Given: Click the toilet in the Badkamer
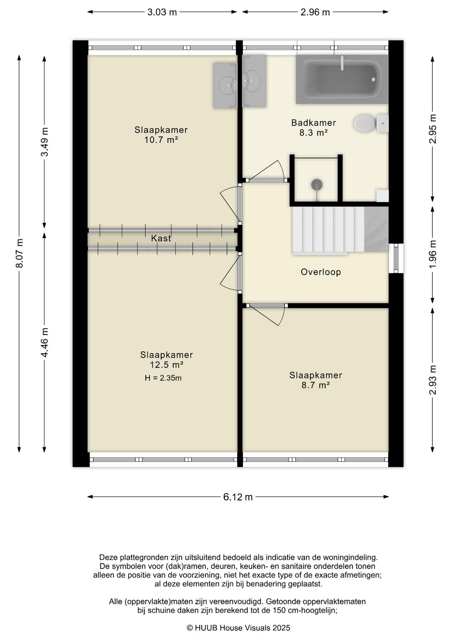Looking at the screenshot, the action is point(371,124).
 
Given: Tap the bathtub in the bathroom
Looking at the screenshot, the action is point(342,79).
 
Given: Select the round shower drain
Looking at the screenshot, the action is point(316,184).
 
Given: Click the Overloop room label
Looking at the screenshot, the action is point(321,272).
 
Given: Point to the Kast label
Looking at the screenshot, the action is point(161,238).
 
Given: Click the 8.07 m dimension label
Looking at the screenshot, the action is point(20,253).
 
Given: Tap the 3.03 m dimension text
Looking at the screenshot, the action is point(162,12).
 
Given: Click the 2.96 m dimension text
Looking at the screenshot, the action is point(315,12).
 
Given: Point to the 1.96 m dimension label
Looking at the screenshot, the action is point(433,254).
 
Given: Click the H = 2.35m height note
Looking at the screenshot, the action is point(163,378).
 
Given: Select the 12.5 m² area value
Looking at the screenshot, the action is point(167,365).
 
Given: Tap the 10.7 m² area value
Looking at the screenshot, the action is point(161,140).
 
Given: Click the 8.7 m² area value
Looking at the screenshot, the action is point(316,385).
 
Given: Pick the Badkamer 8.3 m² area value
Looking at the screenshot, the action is point(313,133).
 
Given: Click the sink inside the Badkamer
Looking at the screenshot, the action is point(254,81).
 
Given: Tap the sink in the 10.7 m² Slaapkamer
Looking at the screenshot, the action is point(226,85).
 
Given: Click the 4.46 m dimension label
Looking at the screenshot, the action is point(45,342).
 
